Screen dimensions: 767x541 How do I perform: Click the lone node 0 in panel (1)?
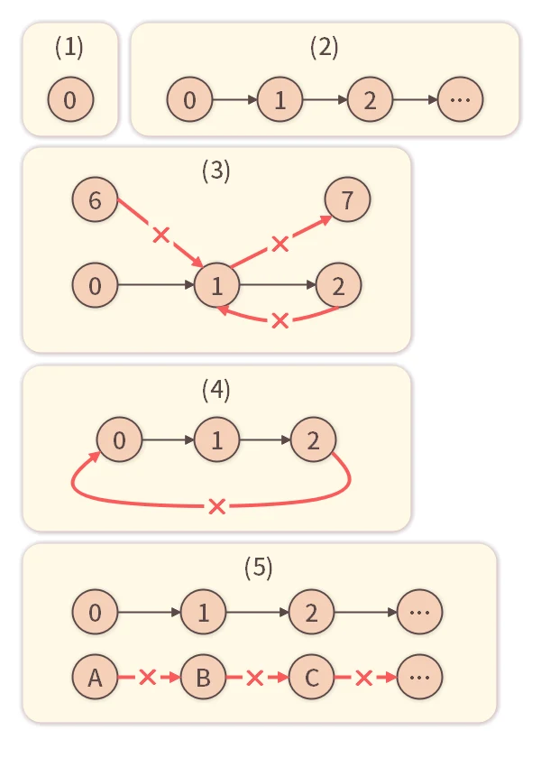pyautogui.click(x=70, y=99)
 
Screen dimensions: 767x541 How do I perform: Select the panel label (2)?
pyautogui.click(x=324, y=48)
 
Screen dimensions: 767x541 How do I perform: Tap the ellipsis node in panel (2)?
pyautogui.click(x=460, y=99)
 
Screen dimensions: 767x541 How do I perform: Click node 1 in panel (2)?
pyautogui.click(x=280, y=99)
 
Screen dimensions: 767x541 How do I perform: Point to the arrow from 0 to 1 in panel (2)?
pyautogui.click(x=234, y=99)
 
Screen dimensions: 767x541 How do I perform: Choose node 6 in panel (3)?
pyautogui.click(x=95, y=200)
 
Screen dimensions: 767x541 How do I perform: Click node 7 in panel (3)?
pyautogui.click(x=347, y=200)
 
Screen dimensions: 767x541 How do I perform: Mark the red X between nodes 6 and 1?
pyautogui.click(x=160, y=236)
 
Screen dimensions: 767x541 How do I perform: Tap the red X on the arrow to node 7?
pyautogui.click(x=280, y=243)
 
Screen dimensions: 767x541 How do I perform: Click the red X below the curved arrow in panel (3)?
pyautogui.click(x=280, y=320)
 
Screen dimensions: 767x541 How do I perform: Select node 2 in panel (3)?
pyautogui.click(x=338, y=286)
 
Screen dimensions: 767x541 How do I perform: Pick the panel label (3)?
pyautogui.click(x=215, y=171)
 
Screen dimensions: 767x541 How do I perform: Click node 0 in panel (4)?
pyautogui.click(x=119, y=440)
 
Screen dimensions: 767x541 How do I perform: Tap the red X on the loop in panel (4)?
pyautogui.click(x=216, y=506)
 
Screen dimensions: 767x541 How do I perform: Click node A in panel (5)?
pyautogui.click(x=95, y=677)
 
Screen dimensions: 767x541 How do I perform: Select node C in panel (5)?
pyautogui.click(x=311, y=677)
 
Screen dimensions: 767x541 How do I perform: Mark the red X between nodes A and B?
pyautogui.click(x=148, y=677)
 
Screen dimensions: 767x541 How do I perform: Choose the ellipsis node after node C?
pyautogui.click(x=419, y=677)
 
